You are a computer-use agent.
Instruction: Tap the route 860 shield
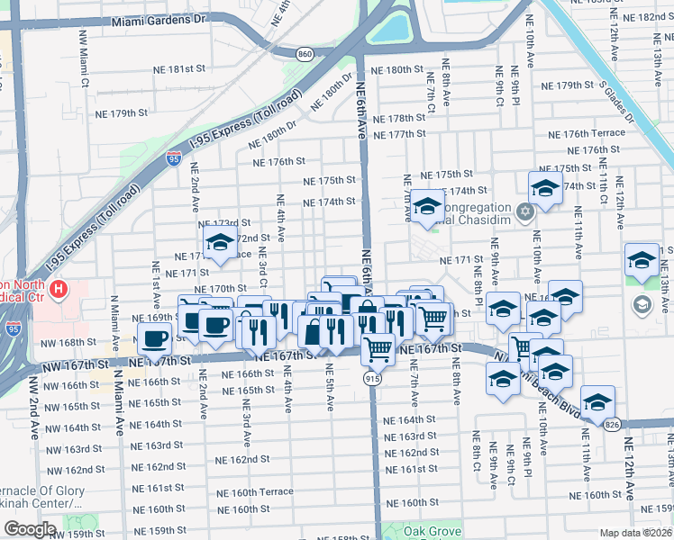(305, 55)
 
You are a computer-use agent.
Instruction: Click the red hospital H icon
(59, 290)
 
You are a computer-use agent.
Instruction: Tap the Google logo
(30, 529)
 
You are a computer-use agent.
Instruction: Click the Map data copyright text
(636, 533)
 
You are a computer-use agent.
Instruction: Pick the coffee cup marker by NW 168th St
(155, 339)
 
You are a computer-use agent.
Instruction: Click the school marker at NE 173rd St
(219, 240)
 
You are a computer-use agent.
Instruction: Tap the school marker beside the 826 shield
(597, 400)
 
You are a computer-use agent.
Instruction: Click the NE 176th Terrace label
(586, 133)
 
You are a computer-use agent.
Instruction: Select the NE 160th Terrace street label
(255, 491)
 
